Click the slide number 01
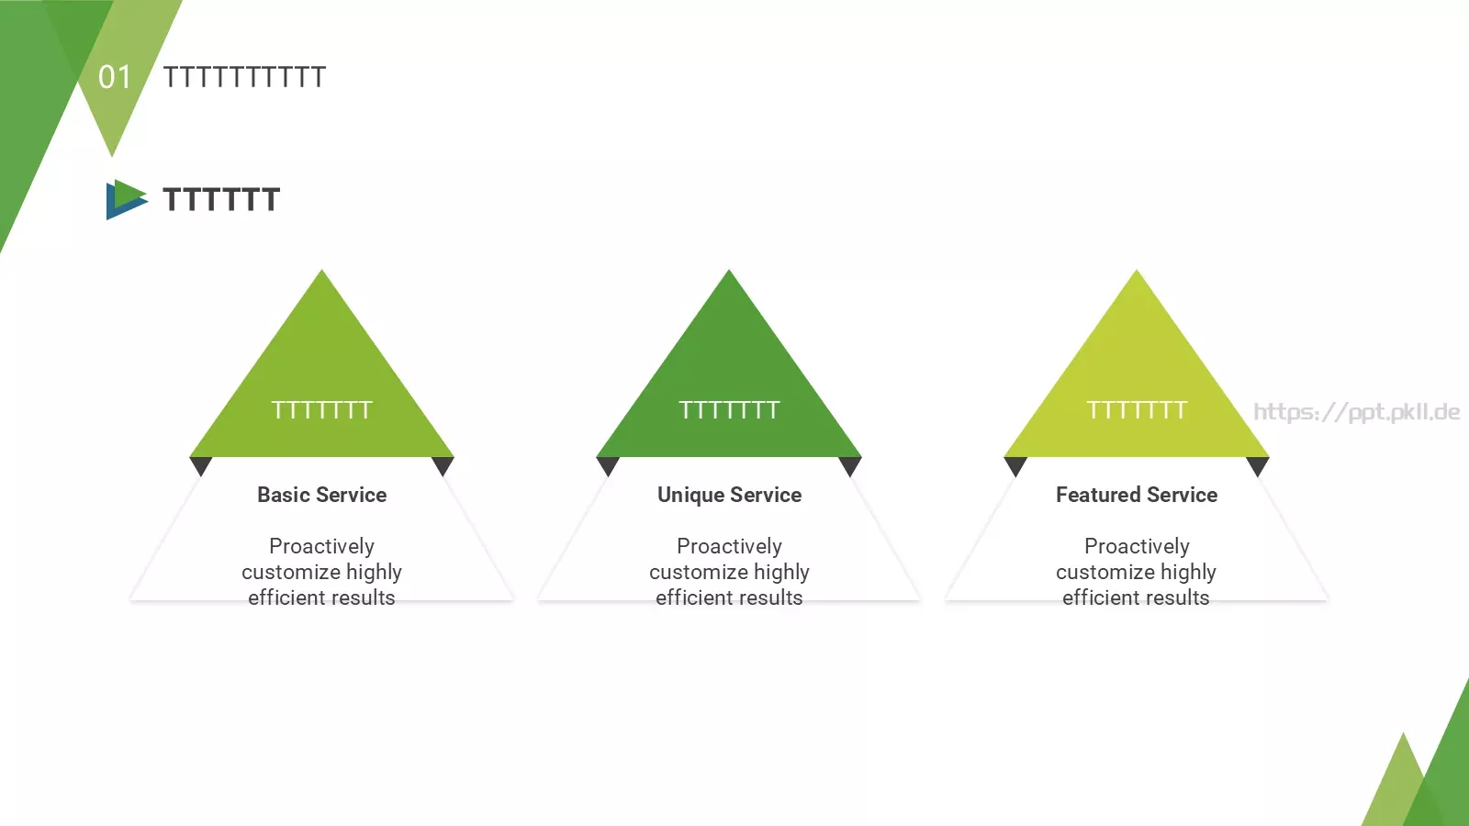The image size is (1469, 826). click(115, 77)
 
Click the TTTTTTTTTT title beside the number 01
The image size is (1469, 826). click(244, 77)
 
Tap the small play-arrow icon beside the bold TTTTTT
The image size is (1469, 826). click(126, 199)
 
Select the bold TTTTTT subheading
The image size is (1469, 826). click(221, 199)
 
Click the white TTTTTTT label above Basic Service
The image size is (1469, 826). click(321, 410)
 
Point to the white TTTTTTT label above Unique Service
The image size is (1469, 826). click(729, 410)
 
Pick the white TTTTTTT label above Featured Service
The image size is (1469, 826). click(1137, 410)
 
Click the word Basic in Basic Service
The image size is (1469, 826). click(284, 495)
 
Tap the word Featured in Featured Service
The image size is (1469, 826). click(1098, 495)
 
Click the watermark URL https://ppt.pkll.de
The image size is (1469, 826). click(1357, 412)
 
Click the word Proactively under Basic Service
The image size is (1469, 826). click(321, 546)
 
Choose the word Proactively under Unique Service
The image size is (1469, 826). click(729, 546)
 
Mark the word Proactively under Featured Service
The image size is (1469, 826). click(1137, 546)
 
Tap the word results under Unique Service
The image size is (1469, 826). click(771, 597)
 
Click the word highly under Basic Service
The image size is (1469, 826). click(374, 572)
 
